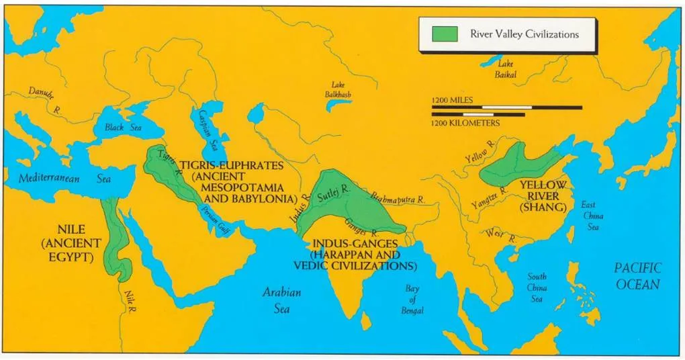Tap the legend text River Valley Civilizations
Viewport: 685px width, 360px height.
click(524, 34)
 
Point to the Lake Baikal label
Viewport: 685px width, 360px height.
click(505, 69)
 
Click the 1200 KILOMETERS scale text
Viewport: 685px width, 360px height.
click(465, 124)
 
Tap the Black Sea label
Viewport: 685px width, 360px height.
click(122, 127)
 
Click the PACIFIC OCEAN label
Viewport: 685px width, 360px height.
click(637, 275)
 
